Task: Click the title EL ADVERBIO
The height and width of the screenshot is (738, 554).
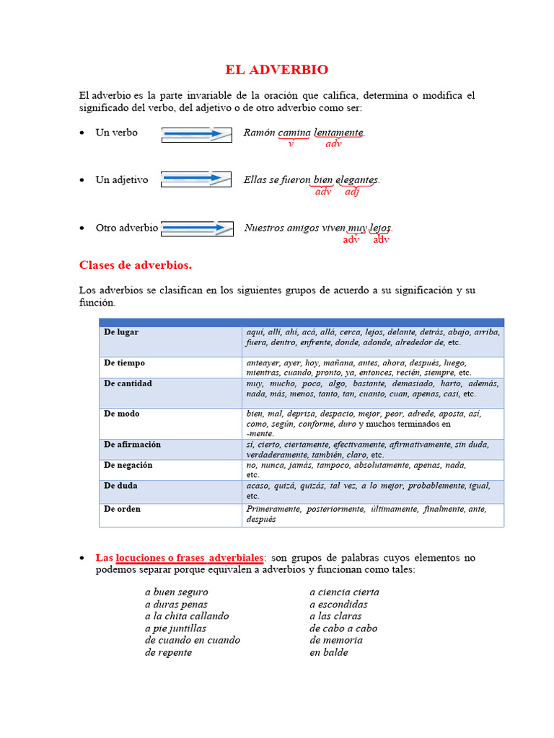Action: pyautogui.click(x=276, y=70)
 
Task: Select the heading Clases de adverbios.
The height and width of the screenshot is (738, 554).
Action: pyautogui.click(x=136, y=265)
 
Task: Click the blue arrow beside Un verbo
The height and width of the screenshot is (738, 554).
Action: pyautogui.click(x=195, y=134)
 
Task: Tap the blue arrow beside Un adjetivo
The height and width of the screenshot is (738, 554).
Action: pyautogui.click(x=195, y=179)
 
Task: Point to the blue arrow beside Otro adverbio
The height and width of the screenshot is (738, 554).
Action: pyautogui.click(x=197, y=228)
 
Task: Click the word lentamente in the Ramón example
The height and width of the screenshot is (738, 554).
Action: pyautogui.click(x=338, y=133)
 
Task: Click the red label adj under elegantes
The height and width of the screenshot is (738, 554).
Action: pyautogui.click(x=352, y=192)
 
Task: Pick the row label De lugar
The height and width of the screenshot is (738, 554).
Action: pyautogui.click(x=121, y=332)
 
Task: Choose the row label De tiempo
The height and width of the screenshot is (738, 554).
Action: pyautogui.click(x=124, y=363)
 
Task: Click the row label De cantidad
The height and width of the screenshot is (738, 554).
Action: pyautogui.click(x=128, y=383)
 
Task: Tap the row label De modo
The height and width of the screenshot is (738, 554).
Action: pyautogui.click(x=122, y=414)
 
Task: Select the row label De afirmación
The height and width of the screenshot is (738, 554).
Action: pyautogui.click(x=132, y=445)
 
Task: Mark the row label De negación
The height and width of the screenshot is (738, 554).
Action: pyautogui.click(x=128, y=466)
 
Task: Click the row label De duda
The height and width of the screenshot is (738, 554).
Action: pyautogui.click(x=120, y=486)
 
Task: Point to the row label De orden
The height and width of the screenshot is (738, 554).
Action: pyautogui.click(x=122, y=509)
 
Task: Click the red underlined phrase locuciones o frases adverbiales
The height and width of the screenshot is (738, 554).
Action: pyautogui.click(x=190, y=558)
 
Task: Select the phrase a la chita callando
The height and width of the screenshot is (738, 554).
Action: pyautogui.click(x=187, y=616)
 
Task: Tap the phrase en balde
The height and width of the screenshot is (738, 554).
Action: pyautogui.click(x=329, y=652)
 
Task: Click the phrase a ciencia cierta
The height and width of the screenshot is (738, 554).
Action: pyautogui.click(x=344, y=592)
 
